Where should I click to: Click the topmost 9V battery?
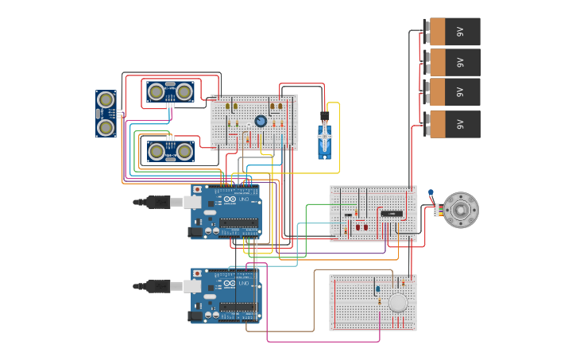point(453,32)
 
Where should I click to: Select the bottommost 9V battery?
point(453,124)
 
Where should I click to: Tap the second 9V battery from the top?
point(453,62)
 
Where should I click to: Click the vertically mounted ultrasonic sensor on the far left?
point(106,114)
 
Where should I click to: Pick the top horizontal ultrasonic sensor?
point(171,91)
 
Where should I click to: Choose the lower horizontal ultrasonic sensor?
point(171,150)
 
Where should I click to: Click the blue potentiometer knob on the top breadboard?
point(261,121)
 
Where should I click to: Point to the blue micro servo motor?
point(325,141)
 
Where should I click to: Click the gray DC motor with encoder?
point(460,210)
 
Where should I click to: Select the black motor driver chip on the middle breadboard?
point(392,214)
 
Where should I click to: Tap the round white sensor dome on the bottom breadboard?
point(398,303)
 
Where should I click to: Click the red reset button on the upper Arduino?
point(197,190)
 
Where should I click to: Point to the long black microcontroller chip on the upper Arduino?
point(239,223)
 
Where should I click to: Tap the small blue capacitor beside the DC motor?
point(430,192)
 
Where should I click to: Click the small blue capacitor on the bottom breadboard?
point(378,288)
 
